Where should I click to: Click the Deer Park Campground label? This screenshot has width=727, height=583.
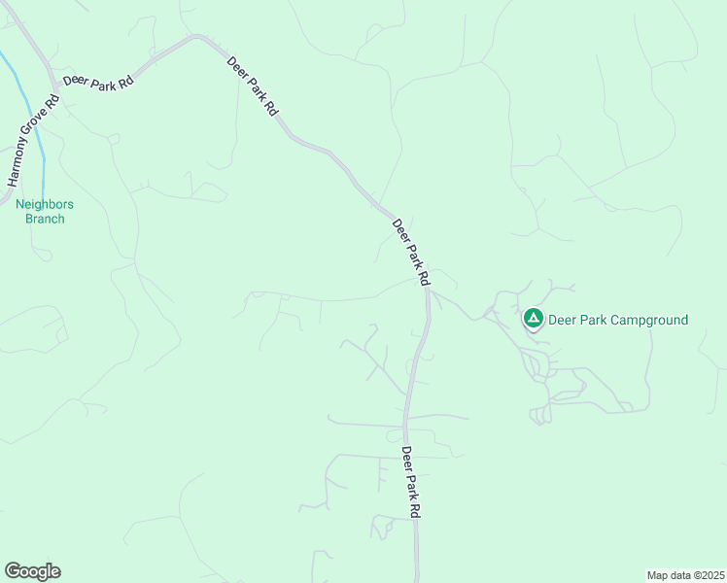pos(618,320)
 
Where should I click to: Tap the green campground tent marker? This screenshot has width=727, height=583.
pos(533,318)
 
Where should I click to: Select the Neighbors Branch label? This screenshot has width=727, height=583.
pos(45,211)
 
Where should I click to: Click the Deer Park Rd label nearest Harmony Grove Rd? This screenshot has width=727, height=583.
pos(98,83)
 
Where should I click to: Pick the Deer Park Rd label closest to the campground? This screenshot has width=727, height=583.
pos(410,252)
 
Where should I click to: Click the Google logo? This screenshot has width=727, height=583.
pos(32,571)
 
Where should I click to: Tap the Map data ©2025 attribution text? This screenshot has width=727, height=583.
pos(685,574)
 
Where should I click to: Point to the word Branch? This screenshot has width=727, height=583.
pos(45,219)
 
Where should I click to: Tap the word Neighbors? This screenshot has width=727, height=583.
pos(45,204)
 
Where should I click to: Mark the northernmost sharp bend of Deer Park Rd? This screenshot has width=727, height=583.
pos(198,37)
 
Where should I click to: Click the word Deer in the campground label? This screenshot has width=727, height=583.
pos(563,320)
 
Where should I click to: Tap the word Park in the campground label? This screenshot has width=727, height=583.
pos(594,320)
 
